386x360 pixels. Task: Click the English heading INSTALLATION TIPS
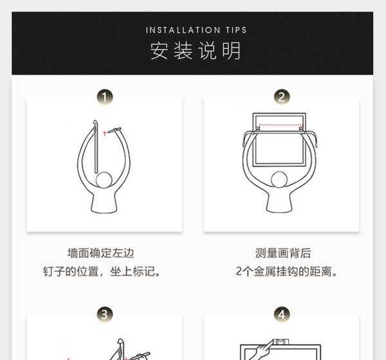point(196,30)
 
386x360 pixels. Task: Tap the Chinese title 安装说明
point(196,51)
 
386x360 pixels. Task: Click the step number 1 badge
point(105,97)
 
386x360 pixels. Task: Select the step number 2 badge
point(282,97)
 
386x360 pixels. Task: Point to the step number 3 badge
point(105,314)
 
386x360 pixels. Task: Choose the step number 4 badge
point(282,314)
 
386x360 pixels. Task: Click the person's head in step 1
point(104,180)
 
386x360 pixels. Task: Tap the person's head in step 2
point(279,179)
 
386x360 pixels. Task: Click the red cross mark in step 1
point(105,133)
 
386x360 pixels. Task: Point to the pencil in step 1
point(114,130)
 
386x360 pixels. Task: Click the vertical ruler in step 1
point(96,147)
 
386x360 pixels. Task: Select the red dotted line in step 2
point(280,125)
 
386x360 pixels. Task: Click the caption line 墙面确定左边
point(101,253)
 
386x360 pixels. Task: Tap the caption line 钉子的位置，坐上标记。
point(102,271)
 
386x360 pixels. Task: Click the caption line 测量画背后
point(283,253)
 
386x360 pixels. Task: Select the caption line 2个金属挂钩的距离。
point(286,271)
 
